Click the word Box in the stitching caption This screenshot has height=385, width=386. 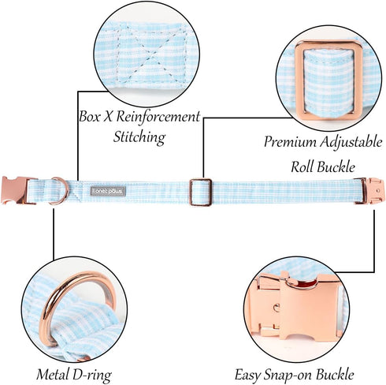click(90, 116)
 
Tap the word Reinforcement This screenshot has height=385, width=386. click(158, 116)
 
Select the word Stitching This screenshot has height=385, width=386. click(139, 137)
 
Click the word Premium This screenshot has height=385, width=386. click(290, 142)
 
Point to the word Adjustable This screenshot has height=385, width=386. click(351, 142)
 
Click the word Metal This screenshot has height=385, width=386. click(53, 374)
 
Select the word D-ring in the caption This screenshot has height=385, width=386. click(92, 375)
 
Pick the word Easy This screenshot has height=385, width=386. click(247, 375)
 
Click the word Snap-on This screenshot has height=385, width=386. click(288, 375)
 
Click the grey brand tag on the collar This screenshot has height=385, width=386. click(108, 192)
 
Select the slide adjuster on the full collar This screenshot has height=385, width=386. click(201, 192)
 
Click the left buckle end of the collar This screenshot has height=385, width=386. click(15, 190)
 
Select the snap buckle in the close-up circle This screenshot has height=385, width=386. click(298, 306)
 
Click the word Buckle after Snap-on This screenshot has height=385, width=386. click(335, 374)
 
